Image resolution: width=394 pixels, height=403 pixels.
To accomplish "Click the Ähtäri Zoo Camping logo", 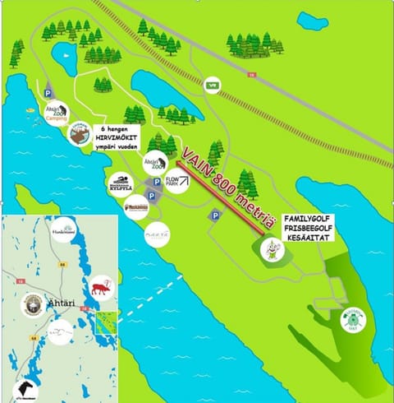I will [57, 113].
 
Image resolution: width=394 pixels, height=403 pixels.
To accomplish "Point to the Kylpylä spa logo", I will [120, 183].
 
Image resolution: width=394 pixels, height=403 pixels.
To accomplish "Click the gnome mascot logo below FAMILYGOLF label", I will [273, 250].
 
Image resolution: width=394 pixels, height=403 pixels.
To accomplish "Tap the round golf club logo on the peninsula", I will [354, 318].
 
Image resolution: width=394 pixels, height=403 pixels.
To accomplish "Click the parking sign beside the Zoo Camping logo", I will [48, 95].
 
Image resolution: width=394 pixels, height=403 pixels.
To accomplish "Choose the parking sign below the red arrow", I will [214, 215].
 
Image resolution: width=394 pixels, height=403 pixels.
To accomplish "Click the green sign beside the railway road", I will [213, 82].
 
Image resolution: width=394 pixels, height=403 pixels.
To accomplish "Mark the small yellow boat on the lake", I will [30, 109].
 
